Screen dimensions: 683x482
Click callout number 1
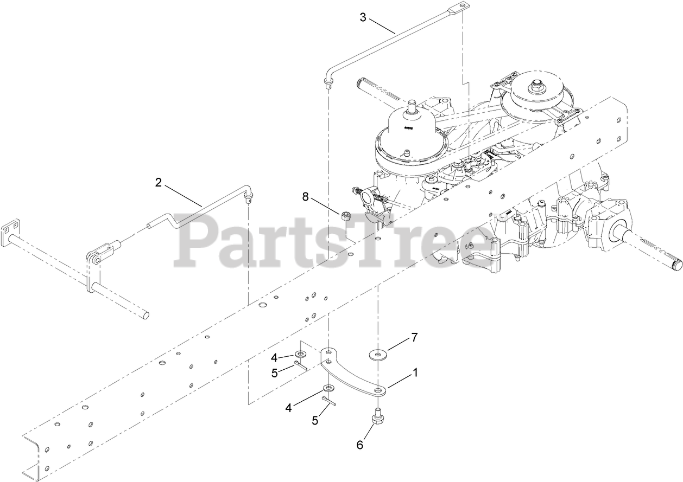[415, 372]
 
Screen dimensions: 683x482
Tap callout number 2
[158, 183]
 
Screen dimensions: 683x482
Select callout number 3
[363, 17]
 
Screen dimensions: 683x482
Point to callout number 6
[359, 445]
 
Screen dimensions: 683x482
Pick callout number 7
[414, 337]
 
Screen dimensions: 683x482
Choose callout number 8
[306, 197]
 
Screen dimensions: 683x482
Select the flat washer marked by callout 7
[377, 356]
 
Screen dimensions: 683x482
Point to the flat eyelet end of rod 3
[460, 7]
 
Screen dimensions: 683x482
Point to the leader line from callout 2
[182, 195]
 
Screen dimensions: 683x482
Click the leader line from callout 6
[368, 432]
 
